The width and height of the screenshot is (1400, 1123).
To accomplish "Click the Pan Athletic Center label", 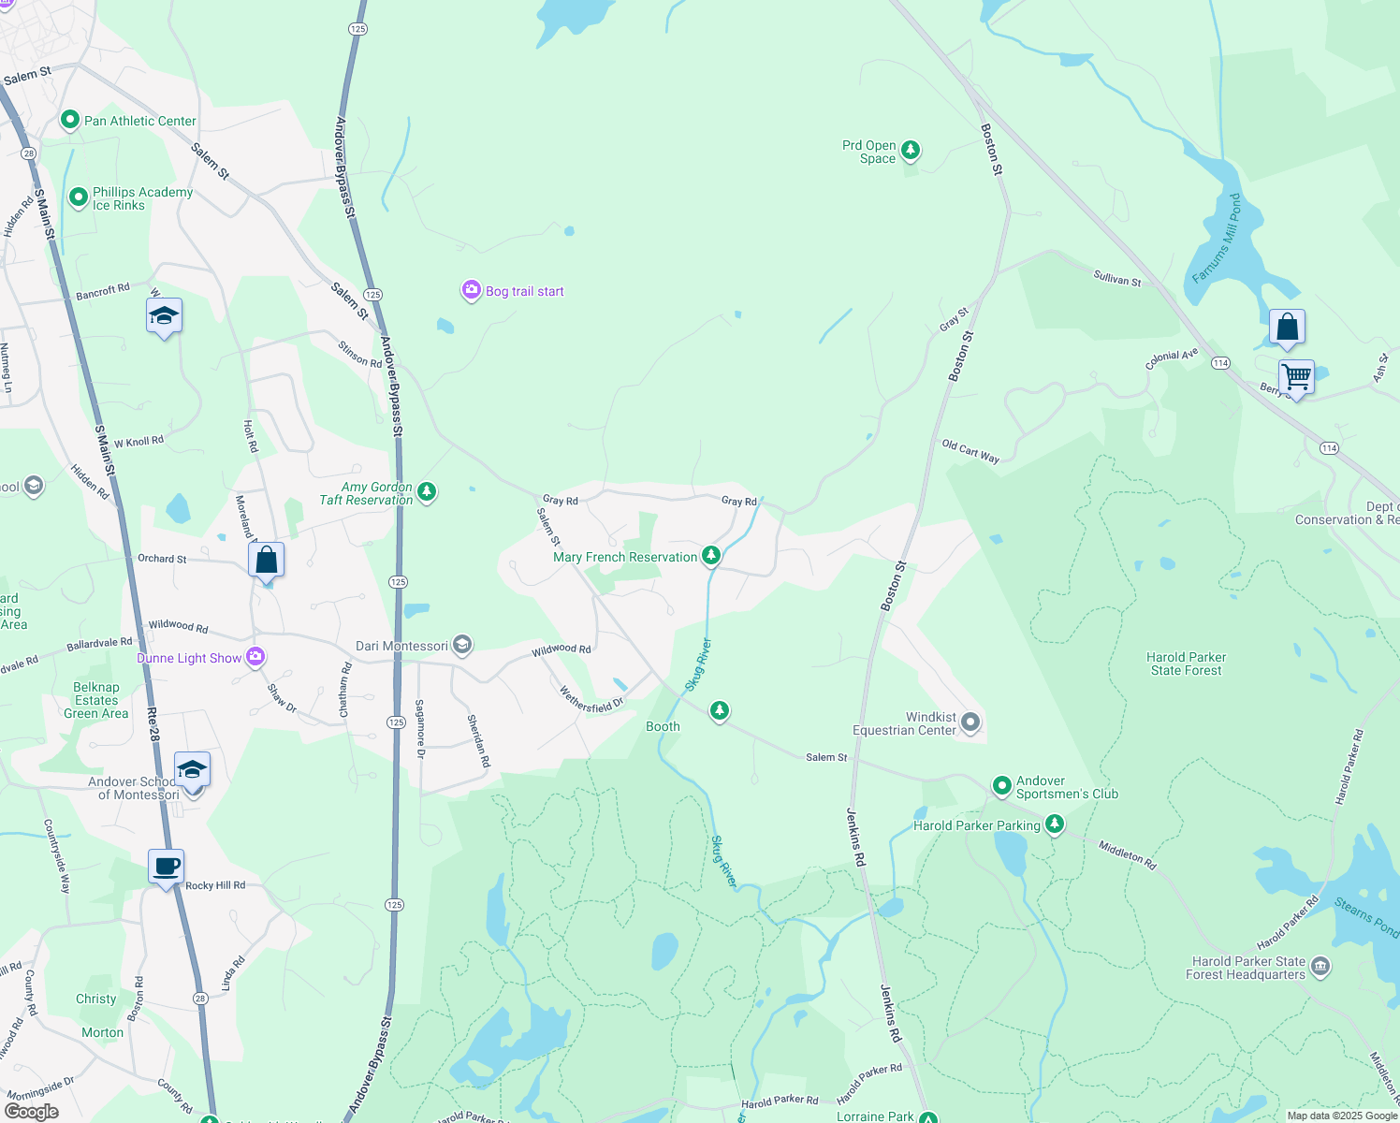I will pyautogui.click(x=140, y=121).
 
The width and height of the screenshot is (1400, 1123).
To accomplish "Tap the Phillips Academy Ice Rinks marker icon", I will pyautogui.click(x=79, y=197).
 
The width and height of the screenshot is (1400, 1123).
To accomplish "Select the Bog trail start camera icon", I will pyautogui.click(x=471, y=291).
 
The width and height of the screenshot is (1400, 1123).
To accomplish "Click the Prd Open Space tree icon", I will pyautogui.click(x=910, y=151).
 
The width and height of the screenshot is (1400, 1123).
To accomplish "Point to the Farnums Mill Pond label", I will pyautogui.click(x=1216, y=239).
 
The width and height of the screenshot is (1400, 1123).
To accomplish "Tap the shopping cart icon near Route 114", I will pyautogui.click(x=1296, y=377).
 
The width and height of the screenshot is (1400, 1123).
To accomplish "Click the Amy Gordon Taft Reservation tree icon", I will pyautogui.click(x=427, y=491).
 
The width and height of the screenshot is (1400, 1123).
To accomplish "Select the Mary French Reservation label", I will pyautogui.click(x=625, y=558).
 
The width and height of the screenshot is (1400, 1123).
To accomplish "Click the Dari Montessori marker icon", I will pyautogui.click(x=461, y=645).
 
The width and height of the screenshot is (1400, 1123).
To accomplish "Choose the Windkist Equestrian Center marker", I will pyautogui.click(x=970, y=722).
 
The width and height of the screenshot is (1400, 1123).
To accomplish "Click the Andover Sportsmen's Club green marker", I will pyautogui.click(x=1001, y=785).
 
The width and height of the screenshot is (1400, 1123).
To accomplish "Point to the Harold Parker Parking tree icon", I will pyautogui.click(x=1055, y=824).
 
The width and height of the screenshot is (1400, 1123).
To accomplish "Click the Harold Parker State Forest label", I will pyautogui.click(x=1186, y=664).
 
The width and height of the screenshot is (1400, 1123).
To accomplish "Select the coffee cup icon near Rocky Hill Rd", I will pyautogui.click(x=167, y=867).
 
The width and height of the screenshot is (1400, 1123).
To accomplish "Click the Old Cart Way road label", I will pyautogui.click(x=970, y=451).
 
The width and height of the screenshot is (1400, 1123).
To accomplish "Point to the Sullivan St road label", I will pyautogui.click(x=1117, y=278).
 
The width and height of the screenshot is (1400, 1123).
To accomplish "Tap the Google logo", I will pyautogui.click(x=32, y=1112).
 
